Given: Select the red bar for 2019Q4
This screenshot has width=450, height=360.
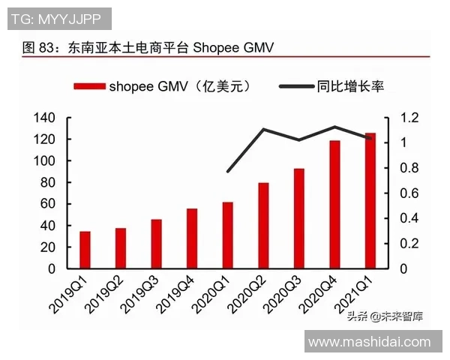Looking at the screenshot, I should pyautogui.click(x=192, y=238).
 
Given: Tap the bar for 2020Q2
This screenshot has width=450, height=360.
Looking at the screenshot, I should pyautogui.click(x=263, y=226).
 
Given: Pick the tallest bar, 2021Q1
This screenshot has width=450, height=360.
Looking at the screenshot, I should pyautogui.click(x=370, y=200).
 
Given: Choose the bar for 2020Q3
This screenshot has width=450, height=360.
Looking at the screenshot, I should pyautogui.click(x=299, y=218).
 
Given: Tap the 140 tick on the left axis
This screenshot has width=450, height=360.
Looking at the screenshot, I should pyautogui.click(x=45, y=118).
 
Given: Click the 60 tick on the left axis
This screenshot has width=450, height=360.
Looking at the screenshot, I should pyautogui.click(x=49, y=204).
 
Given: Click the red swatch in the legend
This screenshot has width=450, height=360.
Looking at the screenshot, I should pyautogui.click(x=89, y=87).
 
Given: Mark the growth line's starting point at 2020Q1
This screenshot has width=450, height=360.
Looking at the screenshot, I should pyautogui.click(x=228, y=172).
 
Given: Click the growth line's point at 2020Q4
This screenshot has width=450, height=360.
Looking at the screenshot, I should pyautogui.click(x=334, y=127).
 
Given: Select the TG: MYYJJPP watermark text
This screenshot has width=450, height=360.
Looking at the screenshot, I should pyautogui.click(x=58, y=18).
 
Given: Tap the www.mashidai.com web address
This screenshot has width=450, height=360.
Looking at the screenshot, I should pyautogui.click(x=370, y=342).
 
